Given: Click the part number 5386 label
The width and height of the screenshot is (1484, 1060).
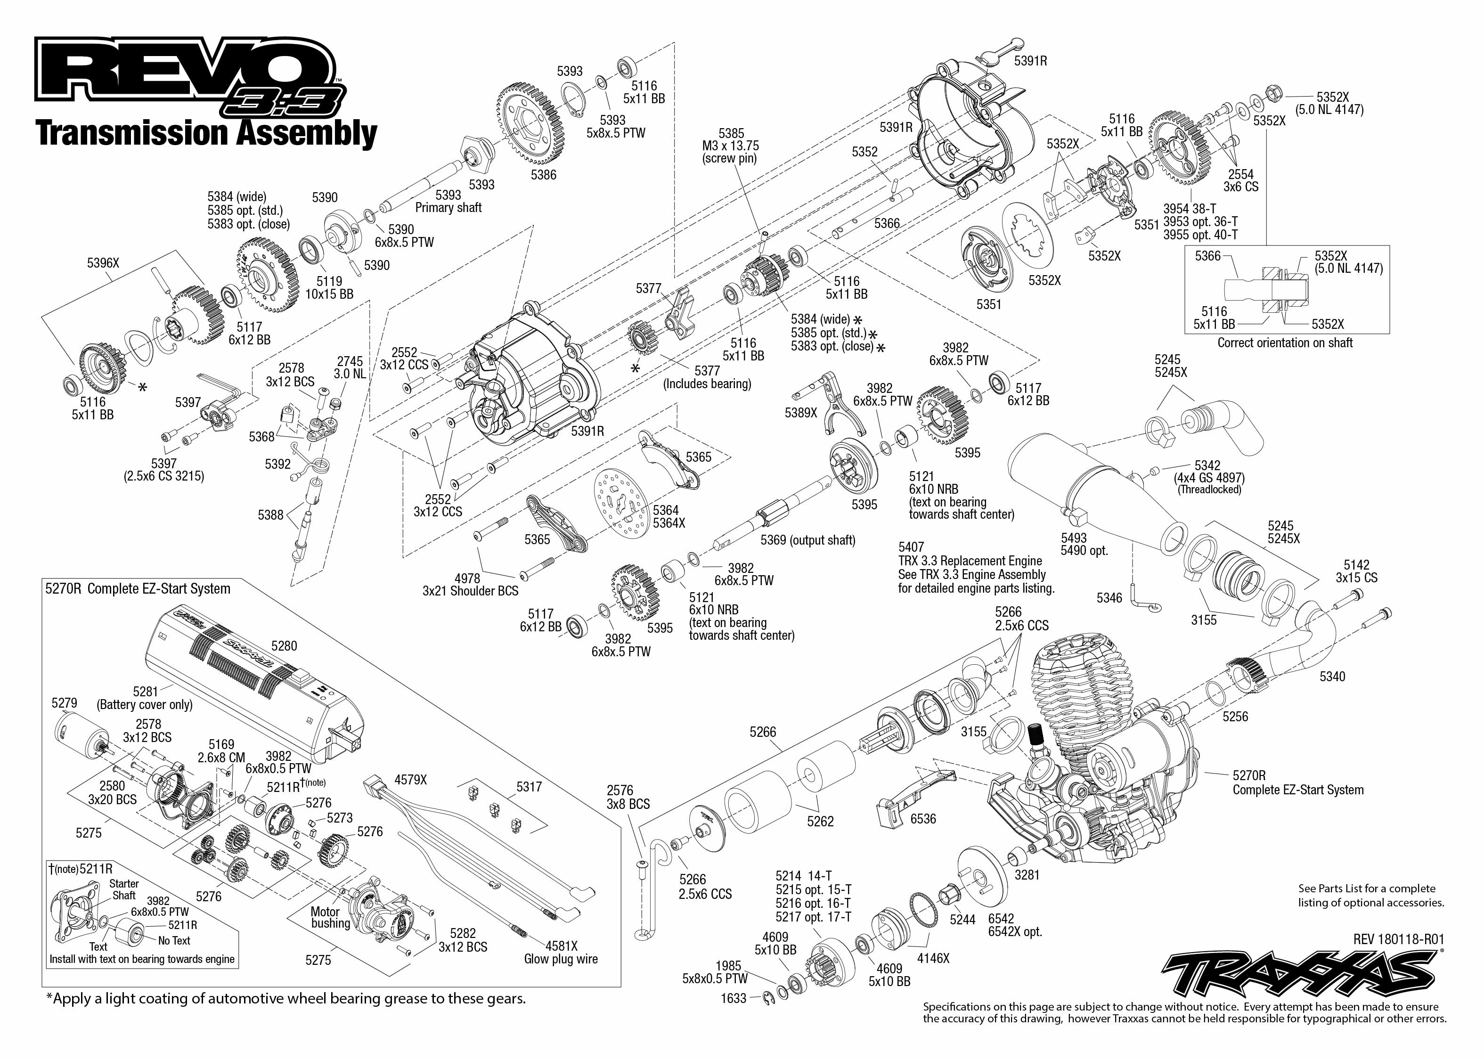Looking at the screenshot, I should (543, 175).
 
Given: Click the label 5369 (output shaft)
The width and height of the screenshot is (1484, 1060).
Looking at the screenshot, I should (807, 540).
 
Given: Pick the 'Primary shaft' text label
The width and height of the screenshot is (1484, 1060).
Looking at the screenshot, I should (448, 208).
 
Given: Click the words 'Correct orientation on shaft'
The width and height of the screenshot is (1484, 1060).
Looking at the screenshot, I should (1284, 342).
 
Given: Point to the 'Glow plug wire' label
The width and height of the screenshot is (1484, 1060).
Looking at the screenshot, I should (561, 959).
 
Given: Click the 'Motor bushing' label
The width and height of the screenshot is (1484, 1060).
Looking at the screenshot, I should (330, 917).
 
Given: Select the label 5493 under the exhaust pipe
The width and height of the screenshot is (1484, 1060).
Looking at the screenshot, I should (1074, 538).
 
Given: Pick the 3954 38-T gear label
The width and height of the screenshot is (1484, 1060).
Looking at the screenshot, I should (1190, 209).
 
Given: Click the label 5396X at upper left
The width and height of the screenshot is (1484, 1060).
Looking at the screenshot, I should (103, 263).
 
